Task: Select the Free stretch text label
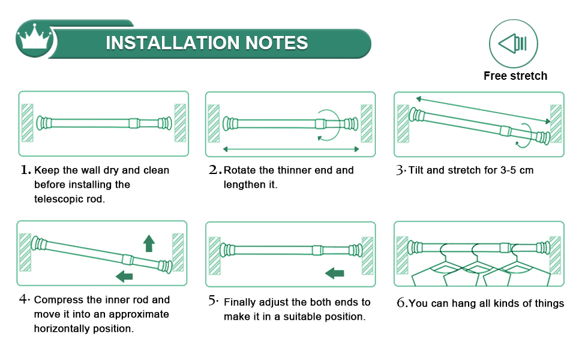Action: coord(515,76)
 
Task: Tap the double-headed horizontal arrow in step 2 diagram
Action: coord(290,148)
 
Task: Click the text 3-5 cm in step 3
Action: coord(517,170)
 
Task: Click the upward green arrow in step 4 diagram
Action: coord(149,243)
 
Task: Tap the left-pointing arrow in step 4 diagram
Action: coord(124,276)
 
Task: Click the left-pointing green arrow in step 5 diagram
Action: coord(335,274)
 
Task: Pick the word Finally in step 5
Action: coord(241,302)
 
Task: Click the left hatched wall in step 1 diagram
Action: coord(27,122)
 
